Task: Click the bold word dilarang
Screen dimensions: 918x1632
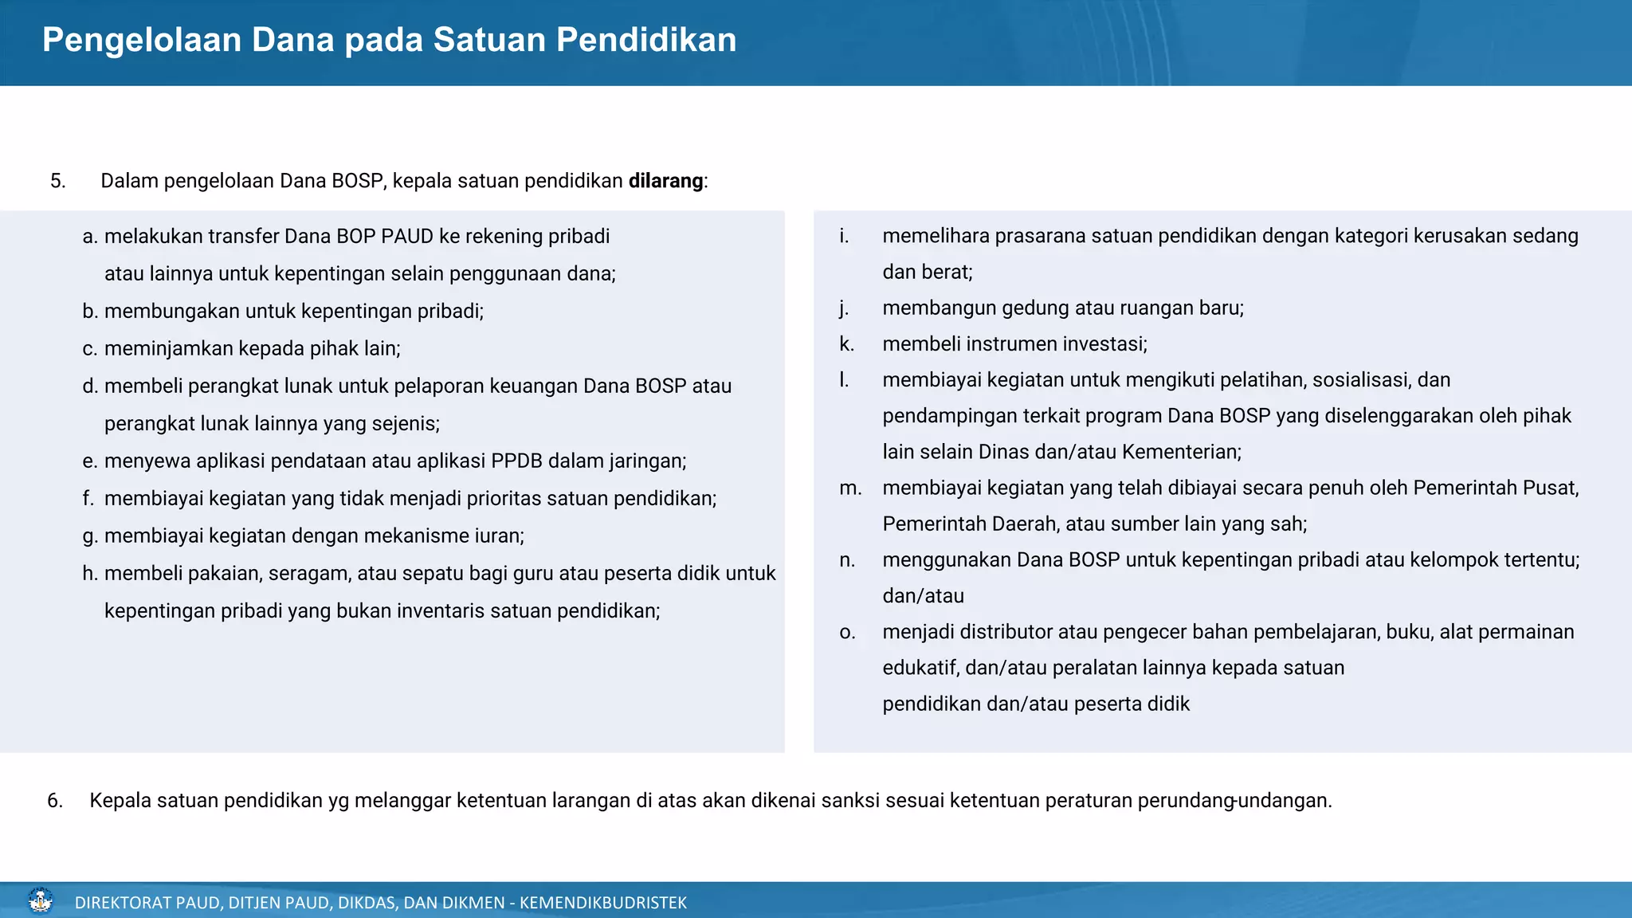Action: click(665, 181)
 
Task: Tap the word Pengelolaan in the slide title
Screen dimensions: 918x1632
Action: click(141, 40)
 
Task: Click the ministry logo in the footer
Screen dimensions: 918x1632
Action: click(40, 901)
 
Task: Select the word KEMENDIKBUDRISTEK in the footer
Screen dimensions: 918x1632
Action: click(602, 903)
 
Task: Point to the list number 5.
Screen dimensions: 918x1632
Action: click(57, 181)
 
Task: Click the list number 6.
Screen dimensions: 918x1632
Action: click(54, 800)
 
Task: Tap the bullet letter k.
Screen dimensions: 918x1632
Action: click(846, 344)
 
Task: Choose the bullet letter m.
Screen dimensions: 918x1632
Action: click(850, 488)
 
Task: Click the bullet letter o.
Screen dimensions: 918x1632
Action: click(847, 632)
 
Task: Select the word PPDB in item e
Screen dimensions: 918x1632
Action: click(516, 461)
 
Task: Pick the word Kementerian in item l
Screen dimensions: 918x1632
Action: click(1181, 452)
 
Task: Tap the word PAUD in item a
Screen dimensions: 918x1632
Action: click(407, 237)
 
